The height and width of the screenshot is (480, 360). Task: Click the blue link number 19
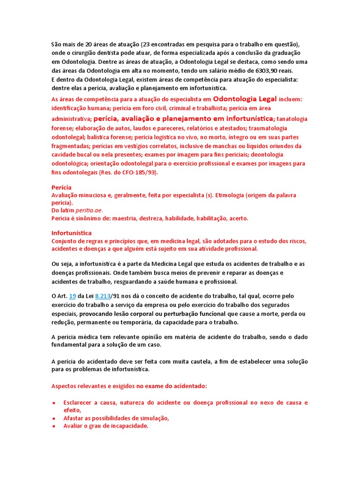pyautogui.click(x=72, y=296)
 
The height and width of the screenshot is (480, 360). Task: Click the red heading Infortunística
pyautogui.click(x=71, y=233)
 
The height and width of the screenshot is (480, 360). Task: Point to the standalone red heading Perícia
pyautogui.click(x=61, y=187)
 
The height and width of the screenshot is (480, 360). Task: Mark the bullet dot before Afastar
pyautogui.click(x=54, y=418)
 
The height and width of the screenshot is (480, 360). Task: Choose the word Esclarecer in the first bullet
pyautogui.click(x=78, y=403)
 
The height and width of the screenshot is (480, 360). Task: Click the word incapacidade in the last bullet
pyautogui.click(x=128, y=426)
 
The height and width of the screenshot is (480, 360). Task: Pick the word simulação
pyautogui.click(x=152, y=418)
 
